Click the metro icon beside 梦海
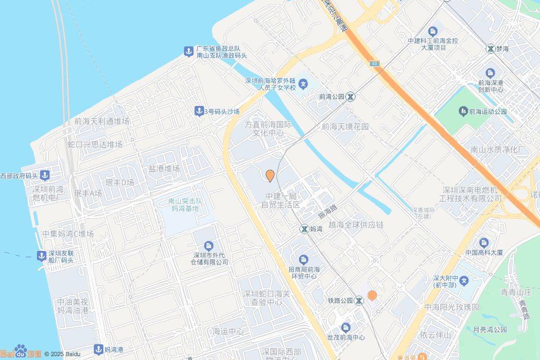(490, 48)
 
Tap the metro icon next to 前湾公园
(351, 96)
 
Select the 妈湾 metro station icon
(304, 229)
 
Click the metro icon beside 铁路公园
(359, 300)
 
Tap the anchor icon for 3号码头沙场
(199, 111)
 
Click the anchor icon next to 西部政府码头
(45, 175)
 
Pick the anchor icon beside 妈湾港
(98, 349)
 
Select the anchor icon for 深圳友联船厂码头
(41, 256)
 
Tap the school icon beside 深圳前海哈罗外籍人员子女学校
(303, 83)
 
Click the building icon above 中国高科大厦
(484, 242)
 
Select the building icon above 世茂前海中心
(345, 327)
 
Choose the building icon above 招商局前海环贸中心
(304, 259)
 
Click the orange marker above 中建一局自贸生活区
(270, 176)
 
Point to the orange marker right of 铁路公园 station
(372, 296)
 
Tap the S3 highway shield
(374, 63)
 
